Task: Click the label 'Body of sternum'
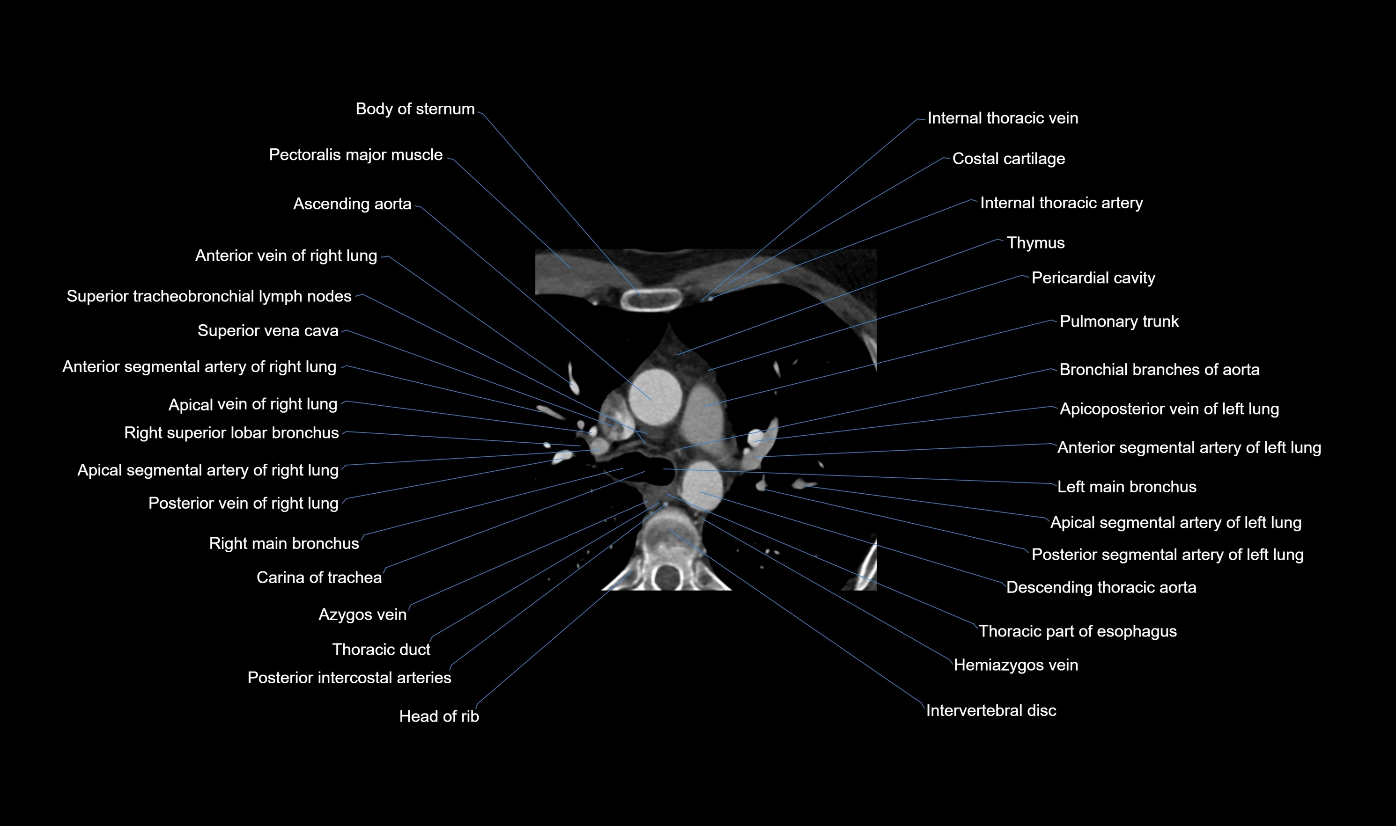415,109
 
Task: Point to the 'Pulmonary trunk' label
1119,322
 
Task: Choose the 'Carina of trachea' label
319,578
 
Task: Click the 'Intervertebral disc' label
990,711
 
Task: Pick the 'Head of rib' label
439,717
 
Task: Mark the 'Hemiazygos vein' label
1016,665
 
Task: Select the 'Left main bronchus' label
1126,487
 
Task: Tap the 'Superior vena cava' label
268,331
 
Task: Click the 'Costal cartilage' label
1008,159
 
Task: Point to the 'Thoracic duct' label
381,650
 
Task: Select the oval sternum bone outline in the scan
651,300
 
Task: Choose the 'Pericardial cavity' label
1093,278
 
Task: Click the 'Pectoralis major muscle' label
355,155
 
